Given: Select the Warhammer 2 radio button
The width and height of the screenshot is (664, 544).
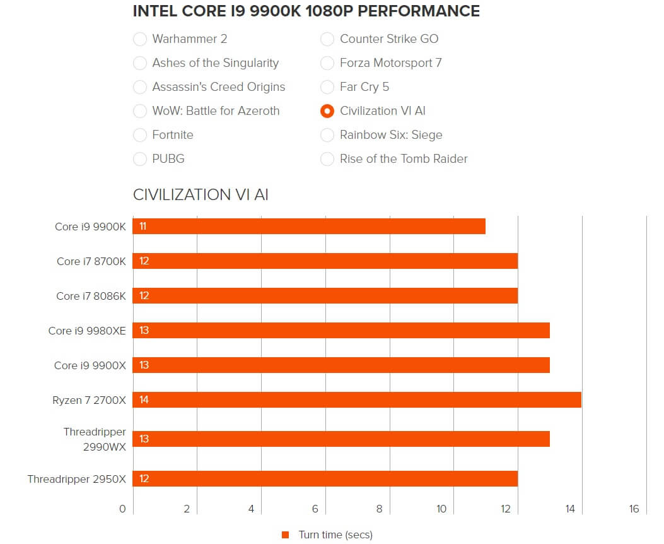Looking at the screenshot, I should [140, 39].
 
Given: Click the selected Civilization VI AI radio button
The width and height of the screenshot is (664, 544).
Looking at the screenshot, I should [327, 111].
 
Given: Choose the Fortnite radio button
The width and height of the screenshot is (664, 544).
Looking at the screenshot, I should [140, 135].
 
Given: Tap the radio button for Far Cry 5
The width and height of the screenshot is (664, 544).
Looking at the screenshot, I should [327, 87].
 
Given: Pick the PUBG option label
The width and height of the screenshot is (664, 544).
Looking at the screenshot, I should [168, 159].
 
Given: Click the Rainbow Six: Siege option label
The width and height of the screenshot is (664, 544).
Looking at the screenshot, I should [391, 135].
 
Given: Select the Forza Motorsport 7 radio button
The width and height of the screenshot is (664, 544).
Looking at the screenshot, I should [327, 63].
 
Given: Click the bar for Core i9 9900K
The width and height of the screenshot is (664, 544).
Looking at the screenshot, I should [309, 226].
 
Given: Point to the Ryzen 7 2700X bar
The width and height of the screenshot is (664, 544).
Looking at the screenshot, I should [357, 399].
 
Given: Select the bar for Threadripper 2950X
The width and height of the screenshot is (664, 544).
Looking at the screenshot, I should [325, 478].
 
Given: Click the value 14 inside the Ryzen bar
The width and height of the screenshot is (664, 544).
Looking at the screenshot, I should [144, 399].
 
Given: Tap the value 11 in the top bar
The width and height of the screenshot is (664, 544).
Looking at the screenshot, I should [143, 226].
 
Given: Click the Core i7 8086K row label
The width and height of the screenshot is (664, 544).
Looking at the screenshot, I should [91, 296].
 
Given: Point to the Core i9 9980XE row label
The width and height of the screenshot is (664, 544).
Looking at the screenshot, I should [87, 331].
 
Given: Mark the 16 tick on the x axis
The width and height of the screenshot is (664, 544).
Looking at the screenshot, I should [634, 509].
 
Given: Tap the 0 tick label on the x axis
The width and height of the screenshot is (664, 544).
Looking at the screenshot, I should [122, 509].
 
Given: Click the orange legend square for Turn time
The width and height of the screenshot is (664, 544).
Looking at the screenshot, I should [286, 535].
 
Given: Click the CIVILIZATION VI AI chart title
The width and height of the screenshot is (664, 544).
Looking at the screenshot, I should [201, 195].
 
